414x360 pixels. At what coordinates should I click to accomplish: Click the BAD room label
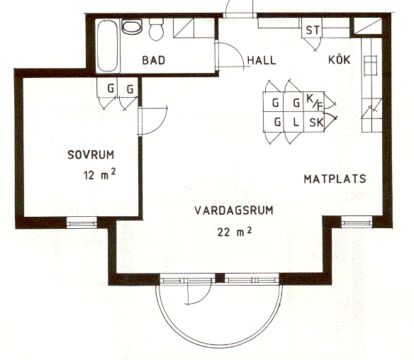tap(153, 60)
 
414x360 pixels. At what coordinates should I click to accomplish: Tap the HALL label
tap(262, 60)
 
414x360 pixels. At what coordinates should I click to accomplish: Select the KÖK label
tap(340, 60)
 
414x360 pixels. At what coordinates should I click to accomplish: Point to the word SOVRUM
tap(91, 154)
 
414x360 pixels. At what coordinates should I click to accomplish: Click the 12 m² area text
tap(99, 174)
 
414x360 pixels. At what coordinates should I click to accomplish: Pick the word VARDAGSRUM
tap(234, 210)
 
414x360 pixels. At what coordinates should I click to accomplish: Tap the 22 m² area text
tap(234, 232)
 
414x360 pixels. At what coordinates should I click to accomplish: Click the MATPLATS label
tap(335, 179)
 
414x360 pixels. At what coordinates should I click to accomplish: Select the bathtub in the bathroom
tap(108, 46)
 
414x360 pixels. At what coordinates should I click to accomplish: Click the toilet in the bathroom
tap(156, 29)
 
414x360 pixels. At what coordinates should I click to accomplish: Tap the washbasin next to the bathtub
tap(132, 27)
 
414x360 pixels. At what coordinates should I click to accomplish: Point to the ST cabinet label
tap(313, 30)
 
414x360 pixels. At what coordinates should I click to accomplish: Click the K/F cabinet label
tap(315, 102)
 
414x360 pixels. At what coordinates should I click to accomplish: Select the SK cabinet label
tap(316, 123)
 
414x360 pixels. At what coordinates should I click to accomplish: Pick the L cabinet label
tap(296, 122)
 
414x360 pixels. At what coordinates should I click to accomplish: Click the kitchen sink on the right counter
tap(371, 65)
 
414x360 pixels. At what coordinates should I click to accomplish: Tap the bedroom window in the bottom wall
tap(82, 223)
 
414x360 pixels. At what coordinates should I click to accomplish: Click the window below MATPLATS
tap(357, 223)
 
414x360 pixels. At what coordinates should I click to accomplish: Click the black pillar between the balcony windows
tap(220, 279)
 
